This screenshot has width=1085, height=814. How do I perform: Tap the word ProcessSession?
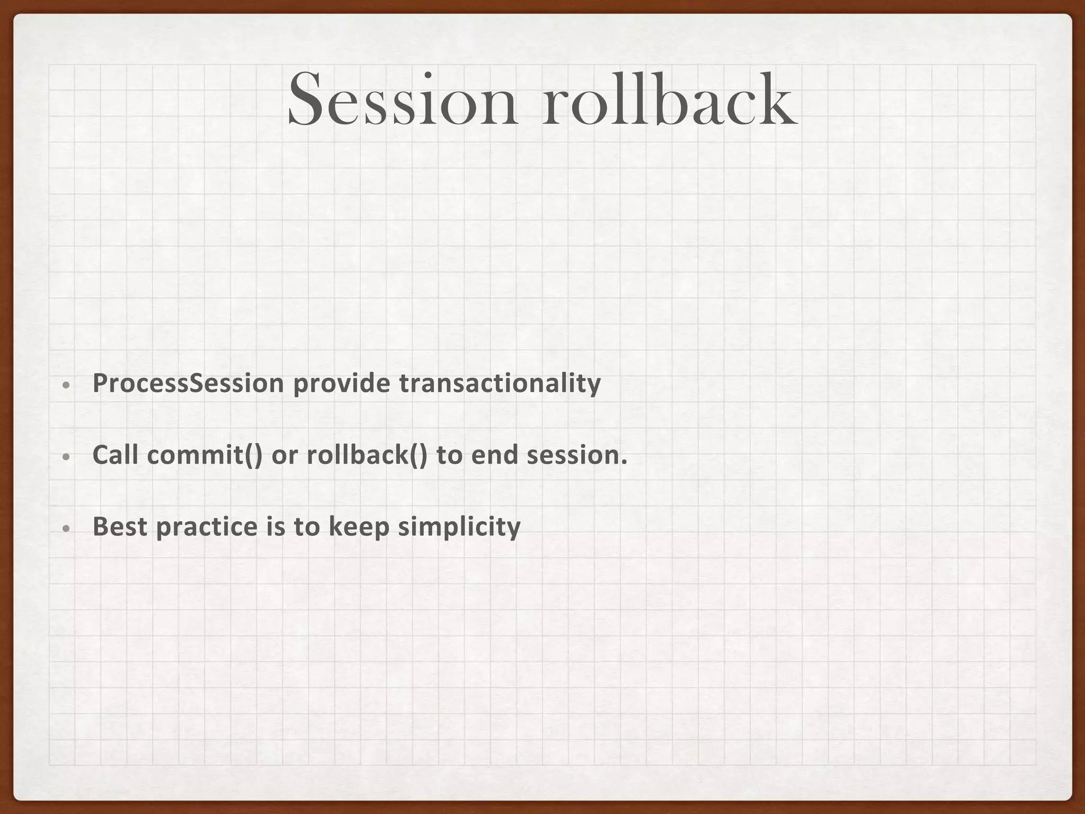tap(188, 383)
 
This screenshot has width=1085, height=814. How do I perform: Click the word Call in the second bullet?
tap(115, 455)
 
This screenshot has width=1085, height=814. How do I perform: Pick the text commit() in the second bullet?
tap(204, 455)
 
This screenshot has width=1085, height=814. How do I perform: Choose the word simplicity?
tap(459, 526)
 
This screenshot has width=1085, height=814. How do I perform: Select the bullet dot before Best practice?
tap(66, 529)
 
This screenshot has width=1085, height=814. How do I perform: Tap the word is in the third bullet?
tap(275, 526)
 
